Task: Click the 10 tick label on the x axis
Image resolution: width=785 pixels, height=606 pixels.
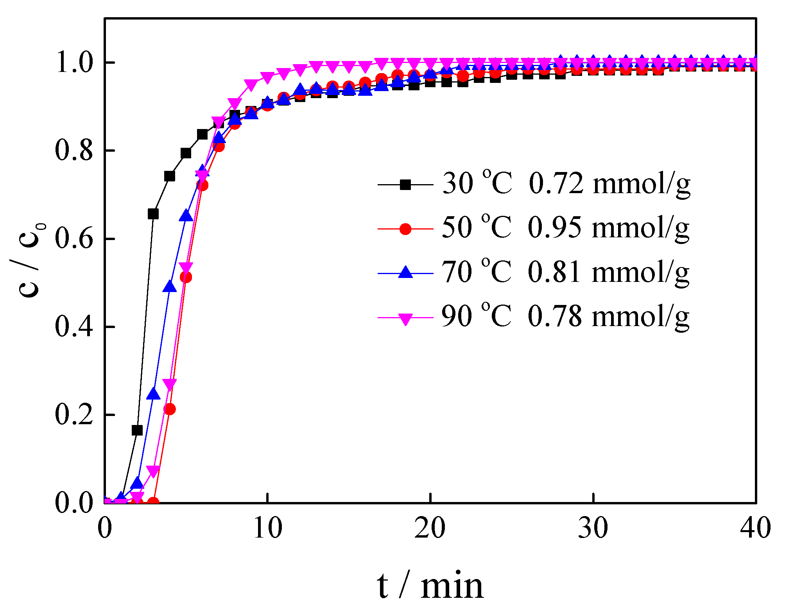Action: pyautogui.click(x=267, y=528)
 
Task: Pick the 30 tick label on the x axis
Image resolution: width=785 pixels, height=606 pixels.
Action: pyautogui.click(x=593, y=528)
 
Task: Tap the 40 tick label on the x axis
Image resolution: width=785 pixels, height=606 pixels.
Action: pyautogui.click(x=755, y=528)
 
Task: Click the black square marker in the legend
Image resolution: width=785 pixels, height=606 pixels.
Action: pyautogui.click(x=405, y=185)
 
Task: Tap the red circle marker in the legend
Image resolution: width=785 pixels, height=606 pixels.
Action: pyautogui.click(x=405, y=229)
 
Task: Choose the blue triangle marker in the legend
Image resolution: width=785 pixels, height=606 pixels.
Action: pyautogui.click(x=405, y=273)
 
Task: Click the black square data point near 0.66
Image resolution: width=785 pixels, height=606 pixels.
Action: pyautogui.click(x=153, y=214)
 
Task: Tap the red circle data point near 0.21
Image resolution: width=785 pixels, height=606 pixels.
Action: pyautogui.click(x=170, y=409)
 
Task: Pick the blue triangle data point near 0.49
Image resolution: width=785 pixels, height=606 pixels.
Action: pyautogui.click(x=170, y=287)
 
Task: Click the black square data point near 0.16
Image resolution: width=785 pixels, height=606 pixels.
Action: pyautogui.click(x=137, y=430)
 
